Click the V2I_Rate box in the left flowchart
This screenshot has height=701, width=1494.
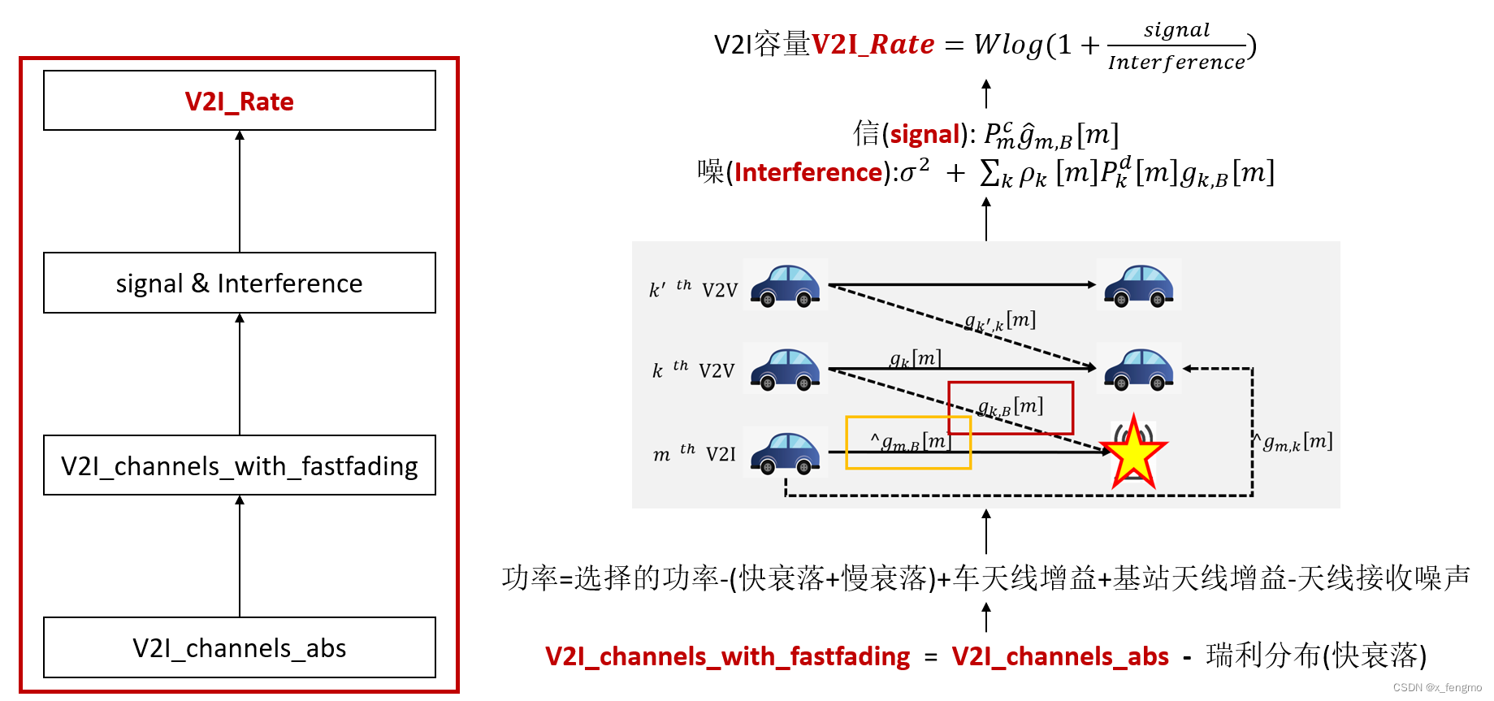(x=240, y=101)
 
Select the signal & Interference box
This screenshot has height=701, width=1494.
(x=240, y=283)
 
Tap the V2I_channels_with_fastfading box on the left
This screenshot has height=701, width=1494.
(x=240, y=465)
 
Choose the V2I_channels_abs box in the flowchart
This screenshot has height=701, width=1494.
(x=240, y=647)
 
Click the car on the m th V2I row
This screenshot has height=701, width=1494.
(x=785, y=453)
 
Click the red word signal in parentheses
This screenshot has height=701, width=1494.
(x=925, y=134)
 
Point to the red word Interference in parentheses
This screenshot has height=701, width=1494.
(x=808, y=172)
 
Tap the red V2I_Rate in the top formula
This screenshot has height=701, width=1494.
(x=873, y=44)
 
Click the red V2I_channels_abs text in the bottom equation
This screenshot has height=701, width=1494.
(x=1060, y=656)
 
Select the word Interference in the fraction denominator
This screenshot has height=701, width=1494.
(x=1176, y=63)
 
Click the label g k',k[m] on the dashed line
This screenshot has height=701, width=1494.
(x=1000, y=322)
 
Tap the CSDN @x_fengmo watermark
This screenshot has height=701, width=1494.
(x=1437, y=687)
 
